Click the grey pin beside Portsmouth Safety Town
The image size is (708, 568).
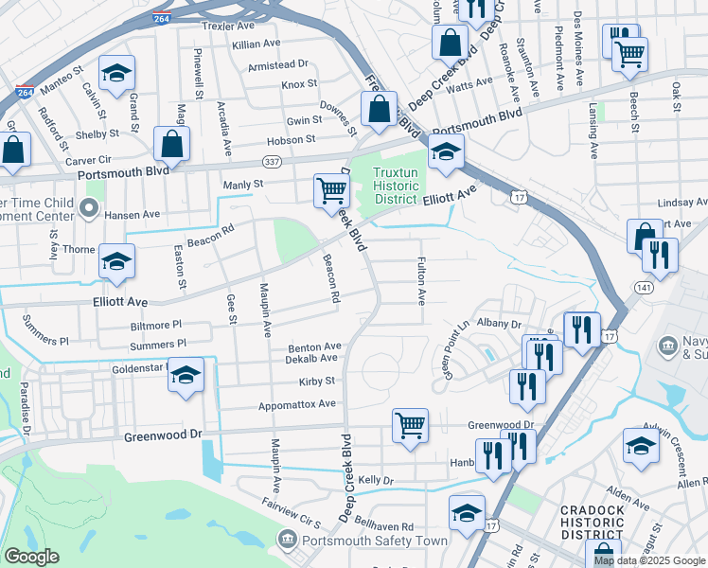tap(286, 540)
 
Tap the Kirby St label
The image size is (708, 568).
tap(318, 381)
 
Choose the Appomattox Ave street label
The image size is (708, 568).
tap(298, 404)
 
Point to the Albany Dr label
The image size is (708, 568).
tap(498, 323)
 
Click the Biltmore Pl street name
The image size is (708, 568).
tap(155, 325)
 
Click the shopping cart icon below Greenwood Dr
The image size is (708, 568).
tap(410, 426)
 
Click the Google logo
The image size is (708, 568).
tap(31, 557)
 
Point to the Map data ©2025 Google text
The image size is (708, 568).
tap(650, 560)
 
